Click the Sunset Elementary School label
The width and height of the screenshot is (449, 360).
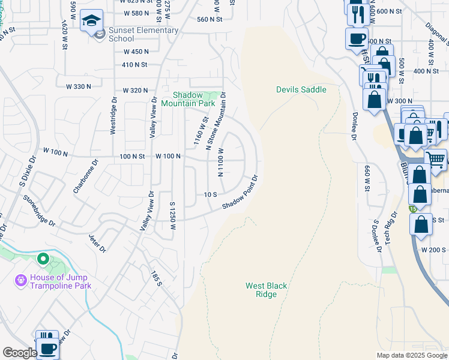(x=143, y=34)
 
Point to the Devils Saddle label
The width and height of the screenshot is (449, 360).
(x=301, y=89)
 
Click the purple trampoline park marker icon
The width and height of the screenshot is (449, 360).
(x=21, y=280)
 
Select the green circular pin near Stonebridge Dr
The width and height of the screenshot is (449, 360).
(x=43, y=259)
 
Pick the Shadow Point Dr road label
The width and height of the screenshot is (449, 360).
(x=240, y=193)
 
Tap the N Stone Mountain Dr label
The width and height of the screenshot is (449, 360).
(x=215, y=121)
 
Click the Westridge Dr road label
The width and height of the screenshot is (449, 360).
(x=113, y=116)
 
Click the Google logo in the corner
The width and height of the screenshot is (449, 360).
(x=20, y=353)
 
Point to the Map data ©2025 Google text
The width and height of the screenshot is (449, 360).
(x=412, y=355)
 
